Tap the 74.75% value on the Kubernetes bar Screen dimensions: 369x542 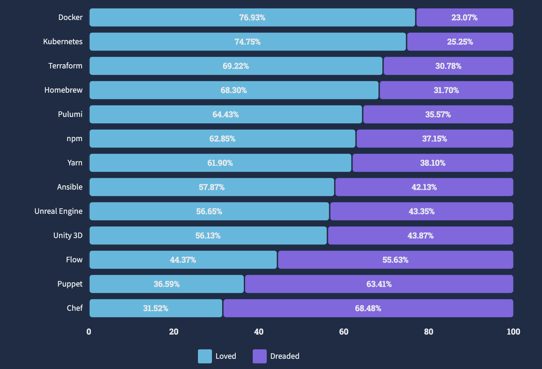point(247,42)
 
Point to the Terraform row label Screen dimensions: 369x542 point(65,66)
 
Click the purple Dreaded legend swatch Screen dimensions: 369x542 point(260,356)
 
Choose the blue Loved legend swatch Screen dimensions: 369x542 point(205,356)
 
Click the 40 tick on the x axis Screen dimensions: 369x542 point(259,332)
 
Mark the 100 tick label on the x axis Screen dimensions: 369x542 point(513,332)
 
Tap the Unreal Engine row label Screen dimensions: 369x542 point(59,211)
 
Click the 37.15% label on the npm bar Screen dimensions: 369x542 point(434,139)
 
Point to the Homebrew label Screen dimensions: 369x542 point(63,90)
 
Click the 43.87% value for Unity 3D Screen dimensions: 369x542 point(421,236)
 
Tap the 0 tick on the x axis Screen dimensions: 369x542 point(89,332)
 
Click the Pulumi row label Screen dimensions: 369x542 point(70,114)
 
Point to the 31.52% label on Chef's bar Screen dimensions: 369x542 point(155,308)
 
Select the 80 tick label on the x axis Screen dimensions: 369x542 point(429,332)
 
